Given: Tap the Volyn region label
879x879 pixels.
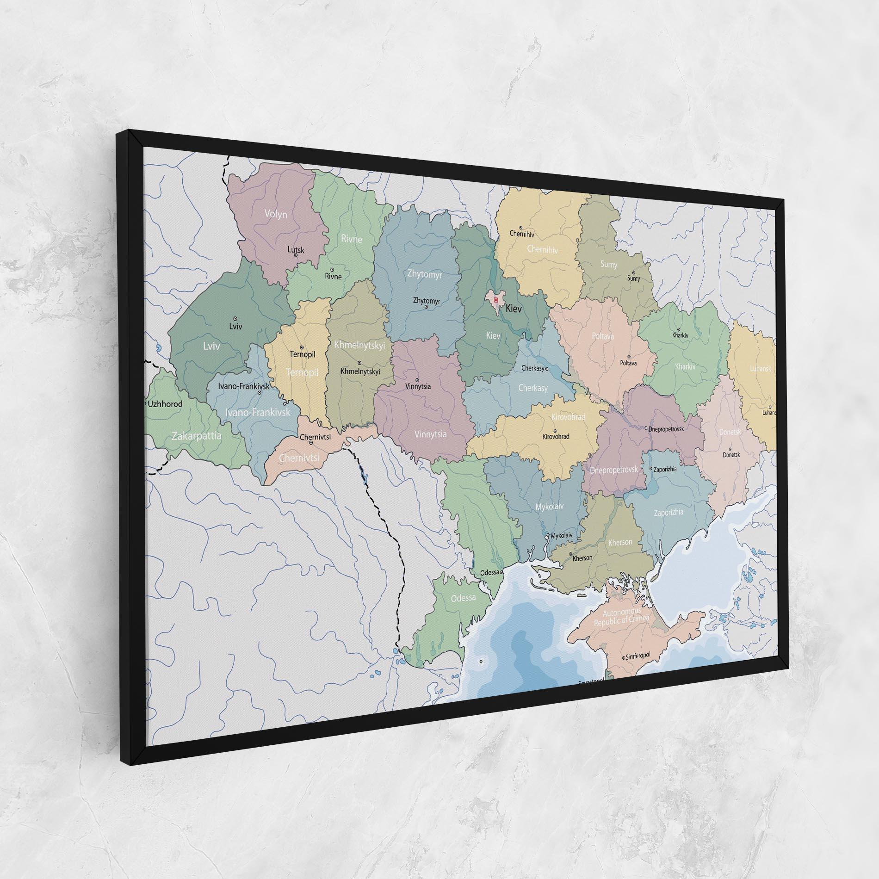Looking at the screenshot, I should pos(276,214).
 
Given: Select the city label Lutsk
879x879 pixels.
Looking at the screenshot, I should pos(296,250).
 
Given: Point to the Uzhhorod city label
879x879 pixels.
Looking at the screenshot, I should pos(165,404).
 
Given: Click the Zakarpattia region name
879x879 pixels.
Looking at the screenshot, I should pos(196,436).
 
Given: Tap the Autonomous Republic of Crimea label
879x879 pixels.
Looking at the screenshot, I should pos(621,618).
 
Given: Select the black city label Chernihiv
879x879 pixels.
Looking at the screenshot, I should pos(522,234).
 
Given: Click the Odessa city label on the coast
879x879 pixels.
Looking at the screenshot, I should pos(489,572).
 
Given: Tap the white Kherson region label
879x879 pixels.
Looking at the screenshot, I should pos(620,542).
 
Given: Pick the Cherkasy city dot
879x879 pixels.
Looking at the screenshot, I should pos(546,369).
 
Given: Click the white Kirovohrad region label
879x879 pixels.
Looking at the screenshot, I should pos(568,417).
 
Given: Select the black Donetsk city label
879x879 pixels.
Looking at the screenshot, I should pos(731,455).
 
